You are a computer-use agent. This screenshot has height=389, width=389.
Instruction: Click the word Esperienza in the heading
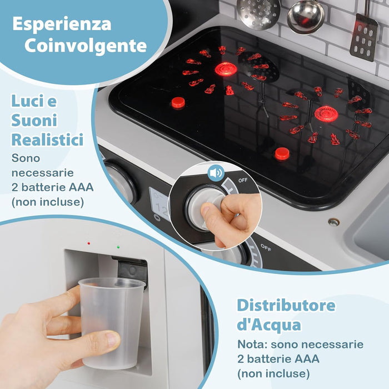61,24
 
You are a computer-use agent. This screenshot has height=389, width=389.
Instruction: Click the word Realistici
47,139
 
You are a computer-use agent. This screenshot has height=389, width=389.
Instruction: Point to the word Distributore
286,306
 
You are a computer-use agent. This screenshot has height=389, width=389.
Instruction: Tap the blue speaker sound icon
216,173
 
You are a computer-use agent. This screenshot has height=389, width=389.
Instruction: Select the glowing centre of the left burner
226,69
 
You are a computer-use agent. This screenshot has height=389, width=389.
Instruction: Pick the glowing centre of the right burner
326,114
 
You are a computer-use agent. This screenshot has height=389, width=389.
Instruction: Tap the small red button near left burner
178,102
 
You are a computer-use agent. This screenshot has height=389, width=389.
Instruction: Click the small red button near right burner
282,153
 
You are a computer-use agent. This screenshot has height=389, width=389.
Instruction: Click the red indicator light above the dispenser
88,243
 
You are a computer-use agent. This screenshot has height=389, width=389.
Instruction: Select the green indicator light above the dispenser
118,247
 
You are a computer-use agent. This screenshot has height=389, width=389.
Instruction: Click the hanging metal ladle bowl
305,17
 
